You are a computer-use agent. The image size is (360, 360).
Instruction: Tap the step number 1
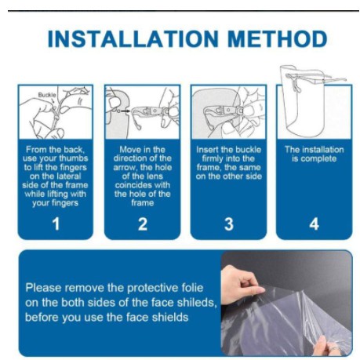tap(56, 224)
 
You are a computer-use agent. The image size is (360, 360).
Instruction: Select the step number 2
tap(143, 224)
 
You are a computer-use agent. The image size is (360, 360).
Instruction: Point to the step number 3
tap(229, 224)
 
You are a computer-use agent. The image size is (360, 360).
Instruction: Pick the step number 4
tap(314, 224)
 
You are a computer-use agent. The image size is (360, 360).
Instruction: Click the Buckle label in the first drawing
tap(47, 95)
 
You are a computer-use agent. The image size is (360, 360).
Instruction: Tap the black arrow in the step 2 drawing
tap(125, 111)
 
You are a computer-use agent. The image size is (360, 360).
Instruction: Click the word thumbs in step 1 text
tap(74, 158)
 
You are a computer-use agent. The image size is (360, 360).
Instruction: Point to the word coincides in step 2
tap(143, 185)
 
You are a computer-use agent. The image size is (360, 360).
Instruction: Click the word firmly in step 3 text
tap(213, 158)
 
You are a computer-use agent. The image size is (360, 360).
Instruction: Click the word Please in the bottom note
tap(43, 288)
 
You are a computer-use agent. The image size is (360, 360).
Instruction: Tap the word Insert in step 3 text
tap(207, 150)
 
